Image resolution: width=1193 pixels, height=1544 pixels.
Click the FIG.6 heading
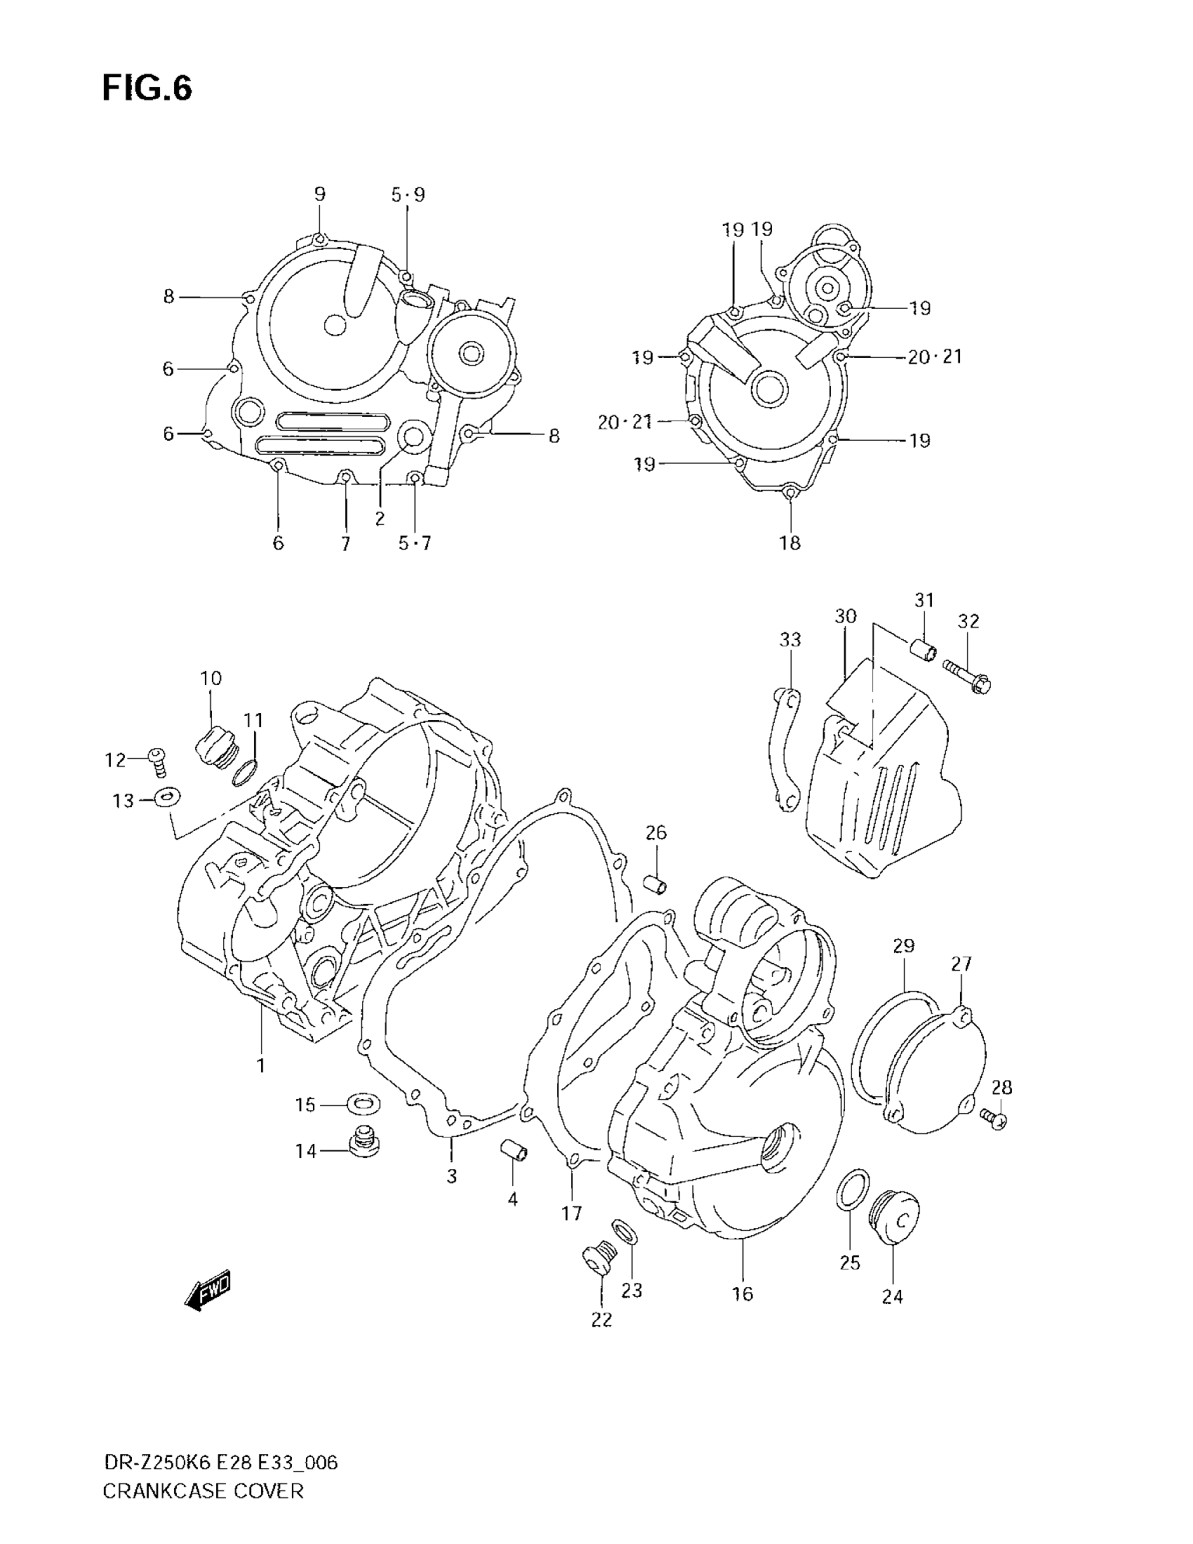(x=147, y=90)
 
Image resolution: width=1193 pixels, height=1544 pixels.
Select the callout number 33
(x=789, y=640)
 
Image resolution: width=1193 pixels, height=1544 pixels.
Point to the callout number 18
(x=789, y=543)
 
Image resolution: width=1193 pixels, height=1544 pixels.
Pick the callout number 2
(x=380, y=518)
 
